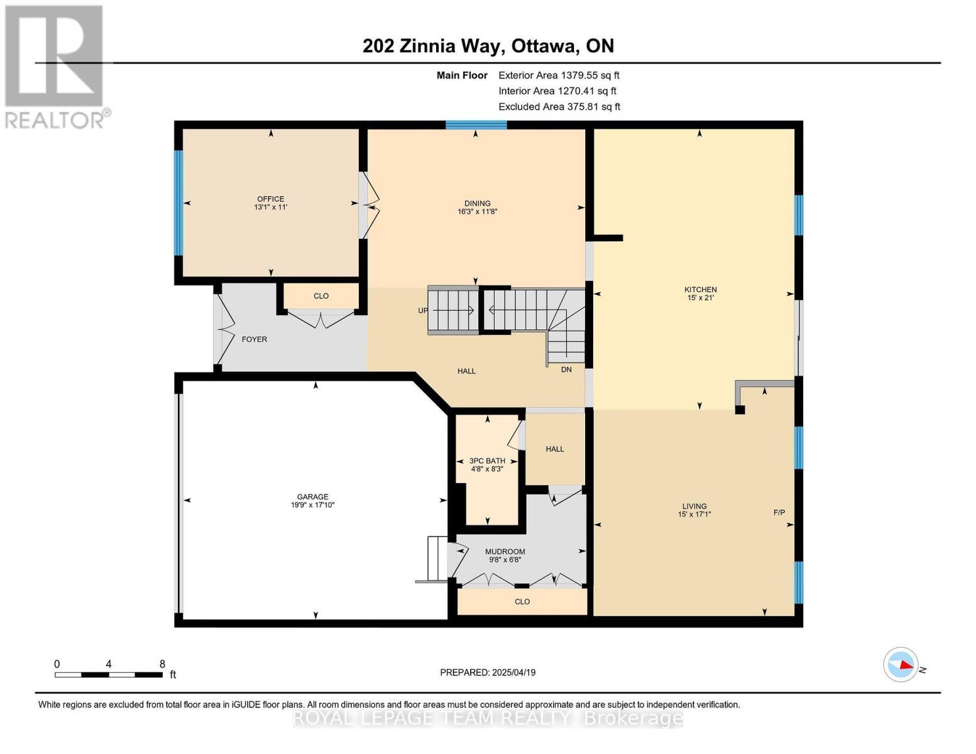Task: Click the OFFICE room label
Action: [x=270, y=199]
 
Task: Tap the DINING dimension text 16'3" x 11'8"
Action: [x=478, y=212]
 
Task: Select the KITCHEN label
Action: [x=700, y=290]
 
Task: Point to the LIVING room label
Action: [x=694, y=506]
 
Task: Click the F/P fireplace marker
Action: [x=779, y=512]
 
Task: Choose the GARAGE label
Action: [x=312, y=496]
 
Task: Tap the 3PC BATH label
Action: [x=487, y=461]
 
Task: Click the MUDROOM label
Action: [x=505, y=552]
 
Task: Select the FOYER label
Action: [x=255, y=339]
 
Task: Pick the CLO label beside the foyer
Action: [x=321, y=296]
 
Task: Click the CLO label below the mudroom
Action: [x=522, y=601]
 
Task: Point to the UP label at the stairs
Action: [x=423, y=310]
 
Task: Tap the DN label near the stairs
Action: [x=566, y=369]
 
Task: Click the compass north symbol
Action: [x=901, y=664]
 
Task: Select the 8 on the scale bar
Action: [x=162, y=664]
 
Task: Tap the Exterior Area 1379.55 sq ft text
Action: [x=559, y=75]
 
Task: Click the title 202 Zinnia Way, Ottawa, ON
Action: [x=488, y=46]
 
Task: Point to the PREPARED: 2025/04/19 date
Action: [x=488, y=672]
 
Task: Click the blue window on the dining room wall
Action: [x=476, y=124]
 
